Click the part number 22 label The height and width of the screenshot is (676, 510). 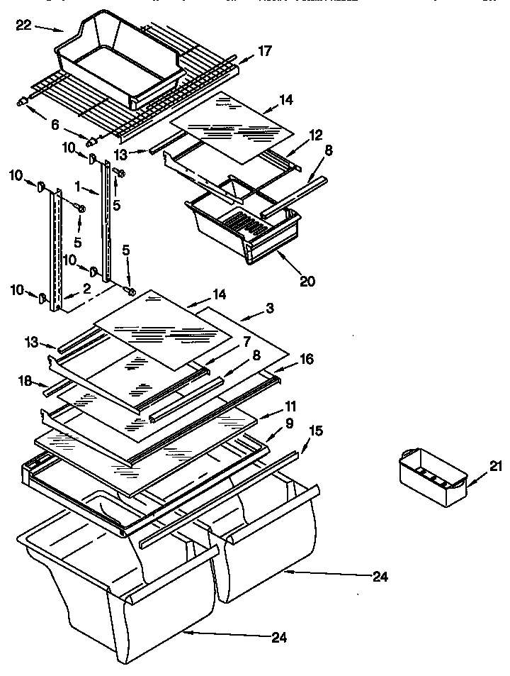[23, 26]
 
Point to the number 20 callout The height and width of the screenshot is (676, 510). [307, 281]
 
